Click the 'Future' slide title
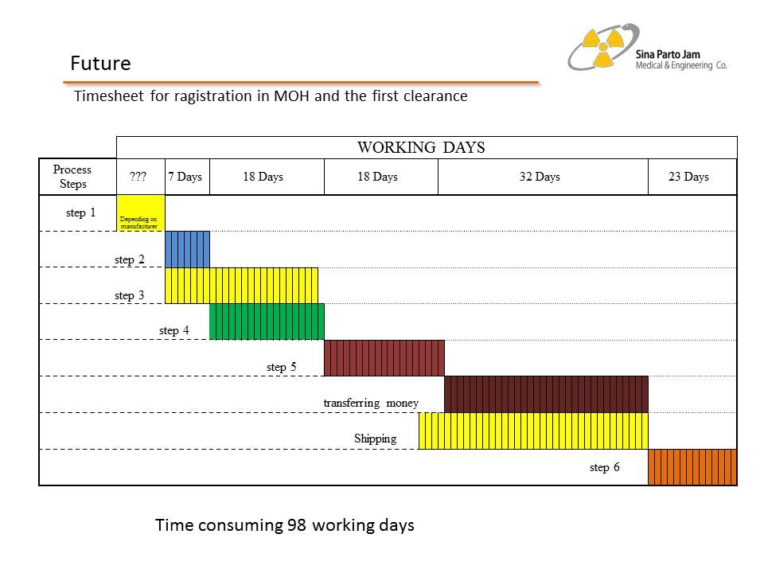coord(100,63)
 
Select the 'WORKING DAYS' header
coord(421,147)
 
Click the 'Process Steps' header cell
coord(72,177)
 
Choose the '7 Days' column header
coord(185,177)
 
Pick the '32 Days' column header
coord(540,177)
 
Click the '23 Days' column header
coord(688,177)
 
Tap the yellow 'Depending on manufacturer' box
coord(140,212)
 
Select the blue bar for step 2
coord(187,249)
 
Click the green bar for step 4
coord(267,322)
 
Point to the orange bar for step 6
coord(692,467)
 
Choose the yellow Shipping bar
coord(532,431)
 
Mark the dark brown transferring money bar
coord(546,394)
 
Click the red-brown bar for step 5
coord(384,358)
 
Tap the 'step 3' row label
coord(129,296)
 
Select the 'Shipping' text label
coord(375,439)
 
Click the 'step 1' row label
coord(80,213)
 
